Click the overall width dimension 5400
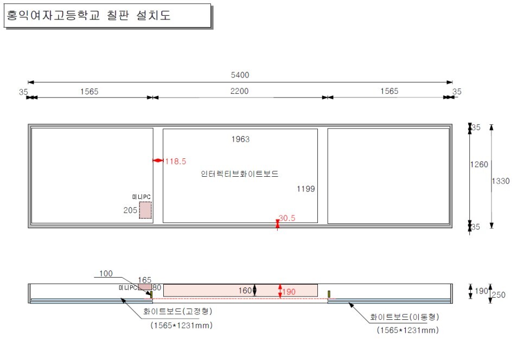240,75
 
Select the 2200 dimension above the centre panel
239,91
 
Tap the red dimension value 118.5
176,161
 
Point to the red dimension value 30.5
287,218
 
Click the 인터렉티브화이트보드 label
239,175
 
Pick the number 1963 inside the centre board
240,139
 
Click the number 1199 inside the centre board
306,189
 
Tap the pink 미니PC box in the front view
145,210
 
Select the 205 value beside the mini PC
130,210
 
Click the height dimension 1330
501,181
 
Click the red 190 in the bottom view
289,292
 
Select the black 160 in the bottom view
245,291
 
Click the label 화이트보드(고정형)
178,312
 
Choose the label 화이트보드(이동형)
405,317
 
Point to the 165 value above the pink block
144,280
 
